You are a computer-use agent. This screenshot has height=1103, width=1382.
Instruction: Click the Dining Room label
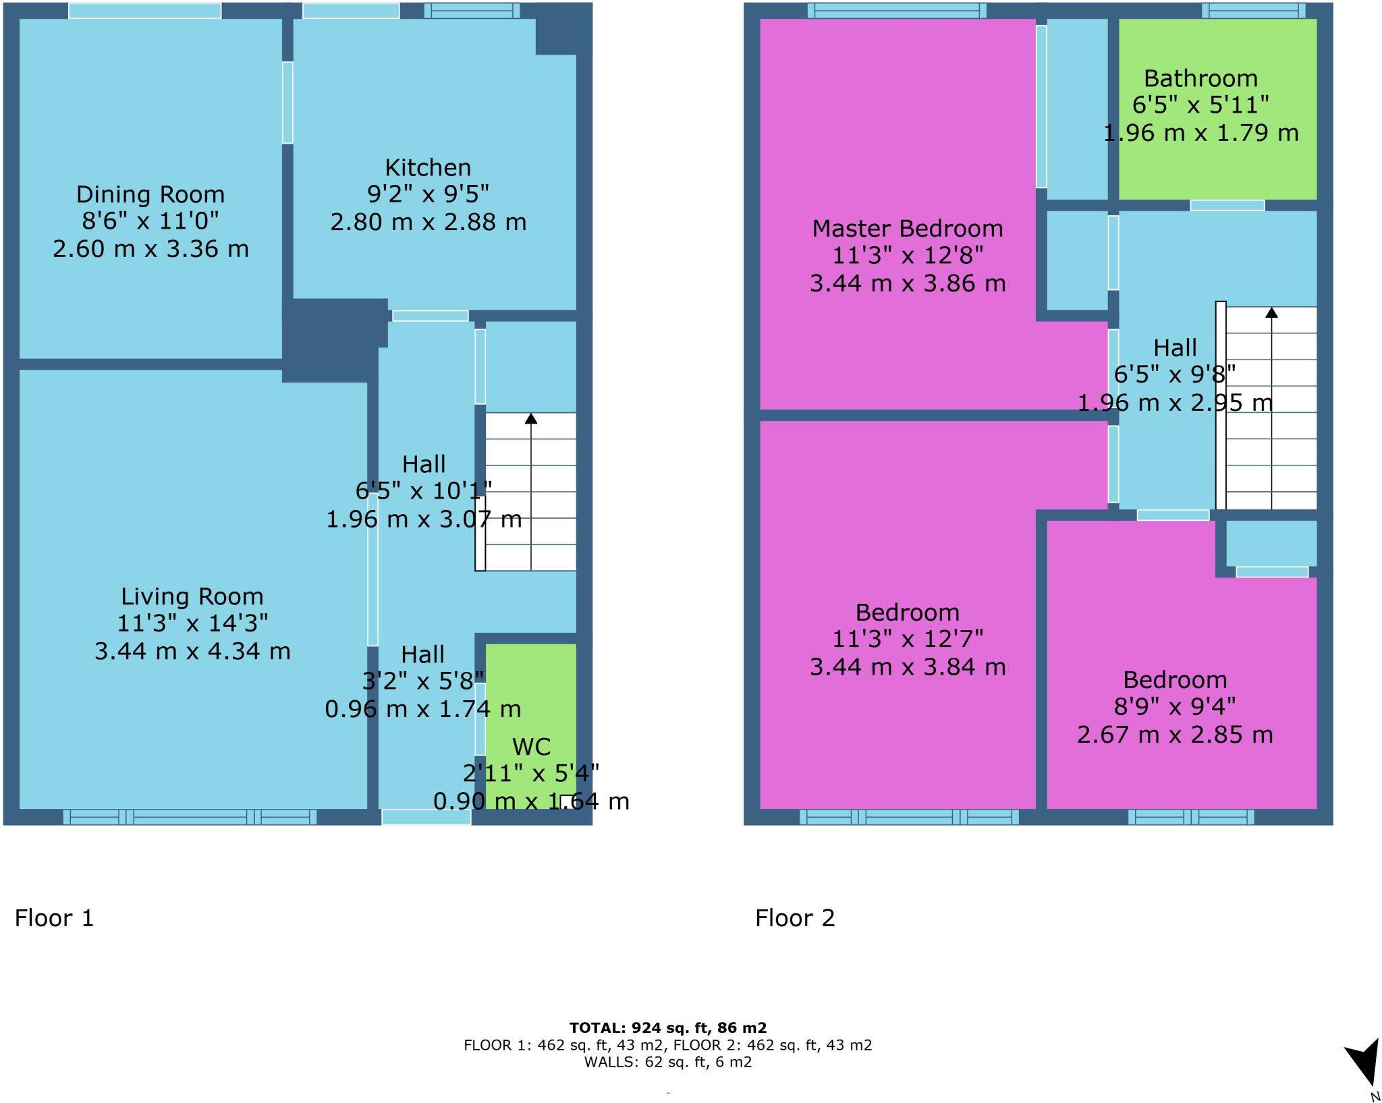[150, 194]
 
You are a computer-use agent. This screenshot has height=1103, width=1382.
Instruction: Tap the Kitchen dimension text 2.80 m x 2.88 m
[428, 222]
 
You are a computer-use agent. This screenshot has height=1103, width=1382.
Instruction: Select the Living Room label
[192, 596]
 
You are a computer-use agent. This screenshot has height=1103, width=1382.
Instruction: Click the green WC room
[531, 702]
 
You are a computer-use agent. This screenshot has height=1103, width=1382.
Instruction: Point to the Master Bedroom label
[907, 229]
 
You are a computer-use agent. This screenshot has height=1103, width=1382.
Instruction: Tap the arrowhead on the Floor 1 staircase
[531, 419]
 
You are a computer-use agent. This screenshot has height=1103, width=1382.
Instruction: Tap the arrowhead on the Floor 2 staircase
[1271, 312]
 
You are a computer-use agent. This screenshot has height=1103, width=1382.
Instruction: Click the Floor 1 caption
[54, 918]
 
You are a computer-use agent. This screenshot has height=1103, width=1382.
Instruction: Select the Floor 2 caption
[795, 918]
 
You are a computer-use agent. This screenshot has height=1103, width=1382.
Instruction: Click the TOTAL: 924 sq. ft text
[667, 1028]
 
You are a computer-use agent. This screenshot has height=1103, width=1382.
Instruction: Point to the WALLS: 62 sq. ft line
[667, 1062]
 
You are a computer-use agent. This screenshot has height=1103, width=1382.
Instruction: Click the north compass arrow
[1364, 1063]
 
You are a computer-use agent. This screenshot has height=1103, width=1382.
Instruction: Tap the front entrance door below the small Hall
[426, 817]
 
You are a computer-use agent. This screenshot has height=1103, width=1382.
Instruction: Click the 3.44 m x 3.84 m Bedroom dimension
[907, 667]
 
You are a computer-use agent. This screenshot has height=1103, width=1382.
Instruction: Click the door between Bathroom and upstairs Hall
[1227, 205]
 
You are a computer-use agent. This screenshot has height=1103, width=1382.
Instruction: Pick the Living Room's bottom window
[190, 817]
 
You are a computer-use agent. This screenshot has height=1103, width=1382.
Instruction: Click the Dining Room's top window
[144, 11]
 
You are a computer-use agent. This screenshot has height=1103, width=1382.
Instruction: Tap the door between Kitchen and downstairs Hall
[430, 316]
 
